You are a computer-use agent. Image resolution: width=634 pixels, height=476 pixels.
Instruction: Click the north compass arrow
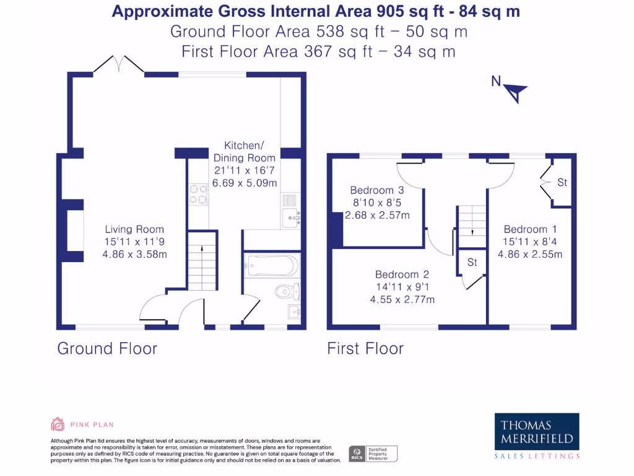point(516,93)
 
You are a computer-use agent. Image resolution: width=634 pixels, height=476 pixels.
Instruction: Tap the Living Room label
point(134,229)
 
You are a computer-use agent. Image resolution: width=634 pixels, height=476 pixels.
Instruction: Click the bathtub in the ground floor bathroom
point(272,265)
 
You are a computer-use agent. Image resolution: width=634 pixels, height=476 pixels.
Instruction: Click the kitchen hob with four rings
point(198,194)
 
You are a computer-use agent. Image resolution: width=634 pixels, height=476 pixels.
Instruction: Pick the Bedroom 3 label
point(376,190)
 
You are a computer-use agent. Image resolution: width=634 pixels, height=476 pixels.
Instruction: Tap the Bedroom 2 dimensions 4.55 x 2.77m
point(402,299)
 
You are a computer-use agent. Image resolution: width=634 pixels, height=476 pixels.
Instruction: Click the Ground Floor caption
point(107,348)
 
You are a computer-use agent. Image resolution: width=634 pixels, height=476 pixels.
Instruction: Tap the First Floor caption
point(365,348)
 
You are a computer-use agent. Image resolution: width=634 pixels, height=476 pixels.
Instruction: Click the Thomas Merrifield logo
point(537,432)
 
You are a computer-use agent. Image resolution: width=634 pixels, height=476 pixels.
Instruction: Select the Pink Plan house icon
point(57,425)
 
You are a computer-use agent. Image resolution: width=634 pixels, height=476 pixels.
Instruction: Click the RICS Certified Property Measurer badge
point(373,454)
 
